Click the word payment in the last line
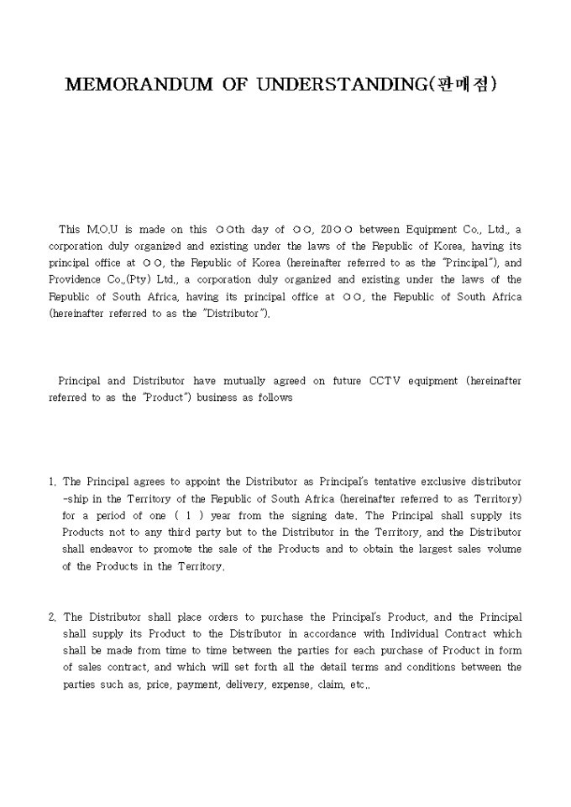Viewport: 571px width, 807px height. pos(188,684)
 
